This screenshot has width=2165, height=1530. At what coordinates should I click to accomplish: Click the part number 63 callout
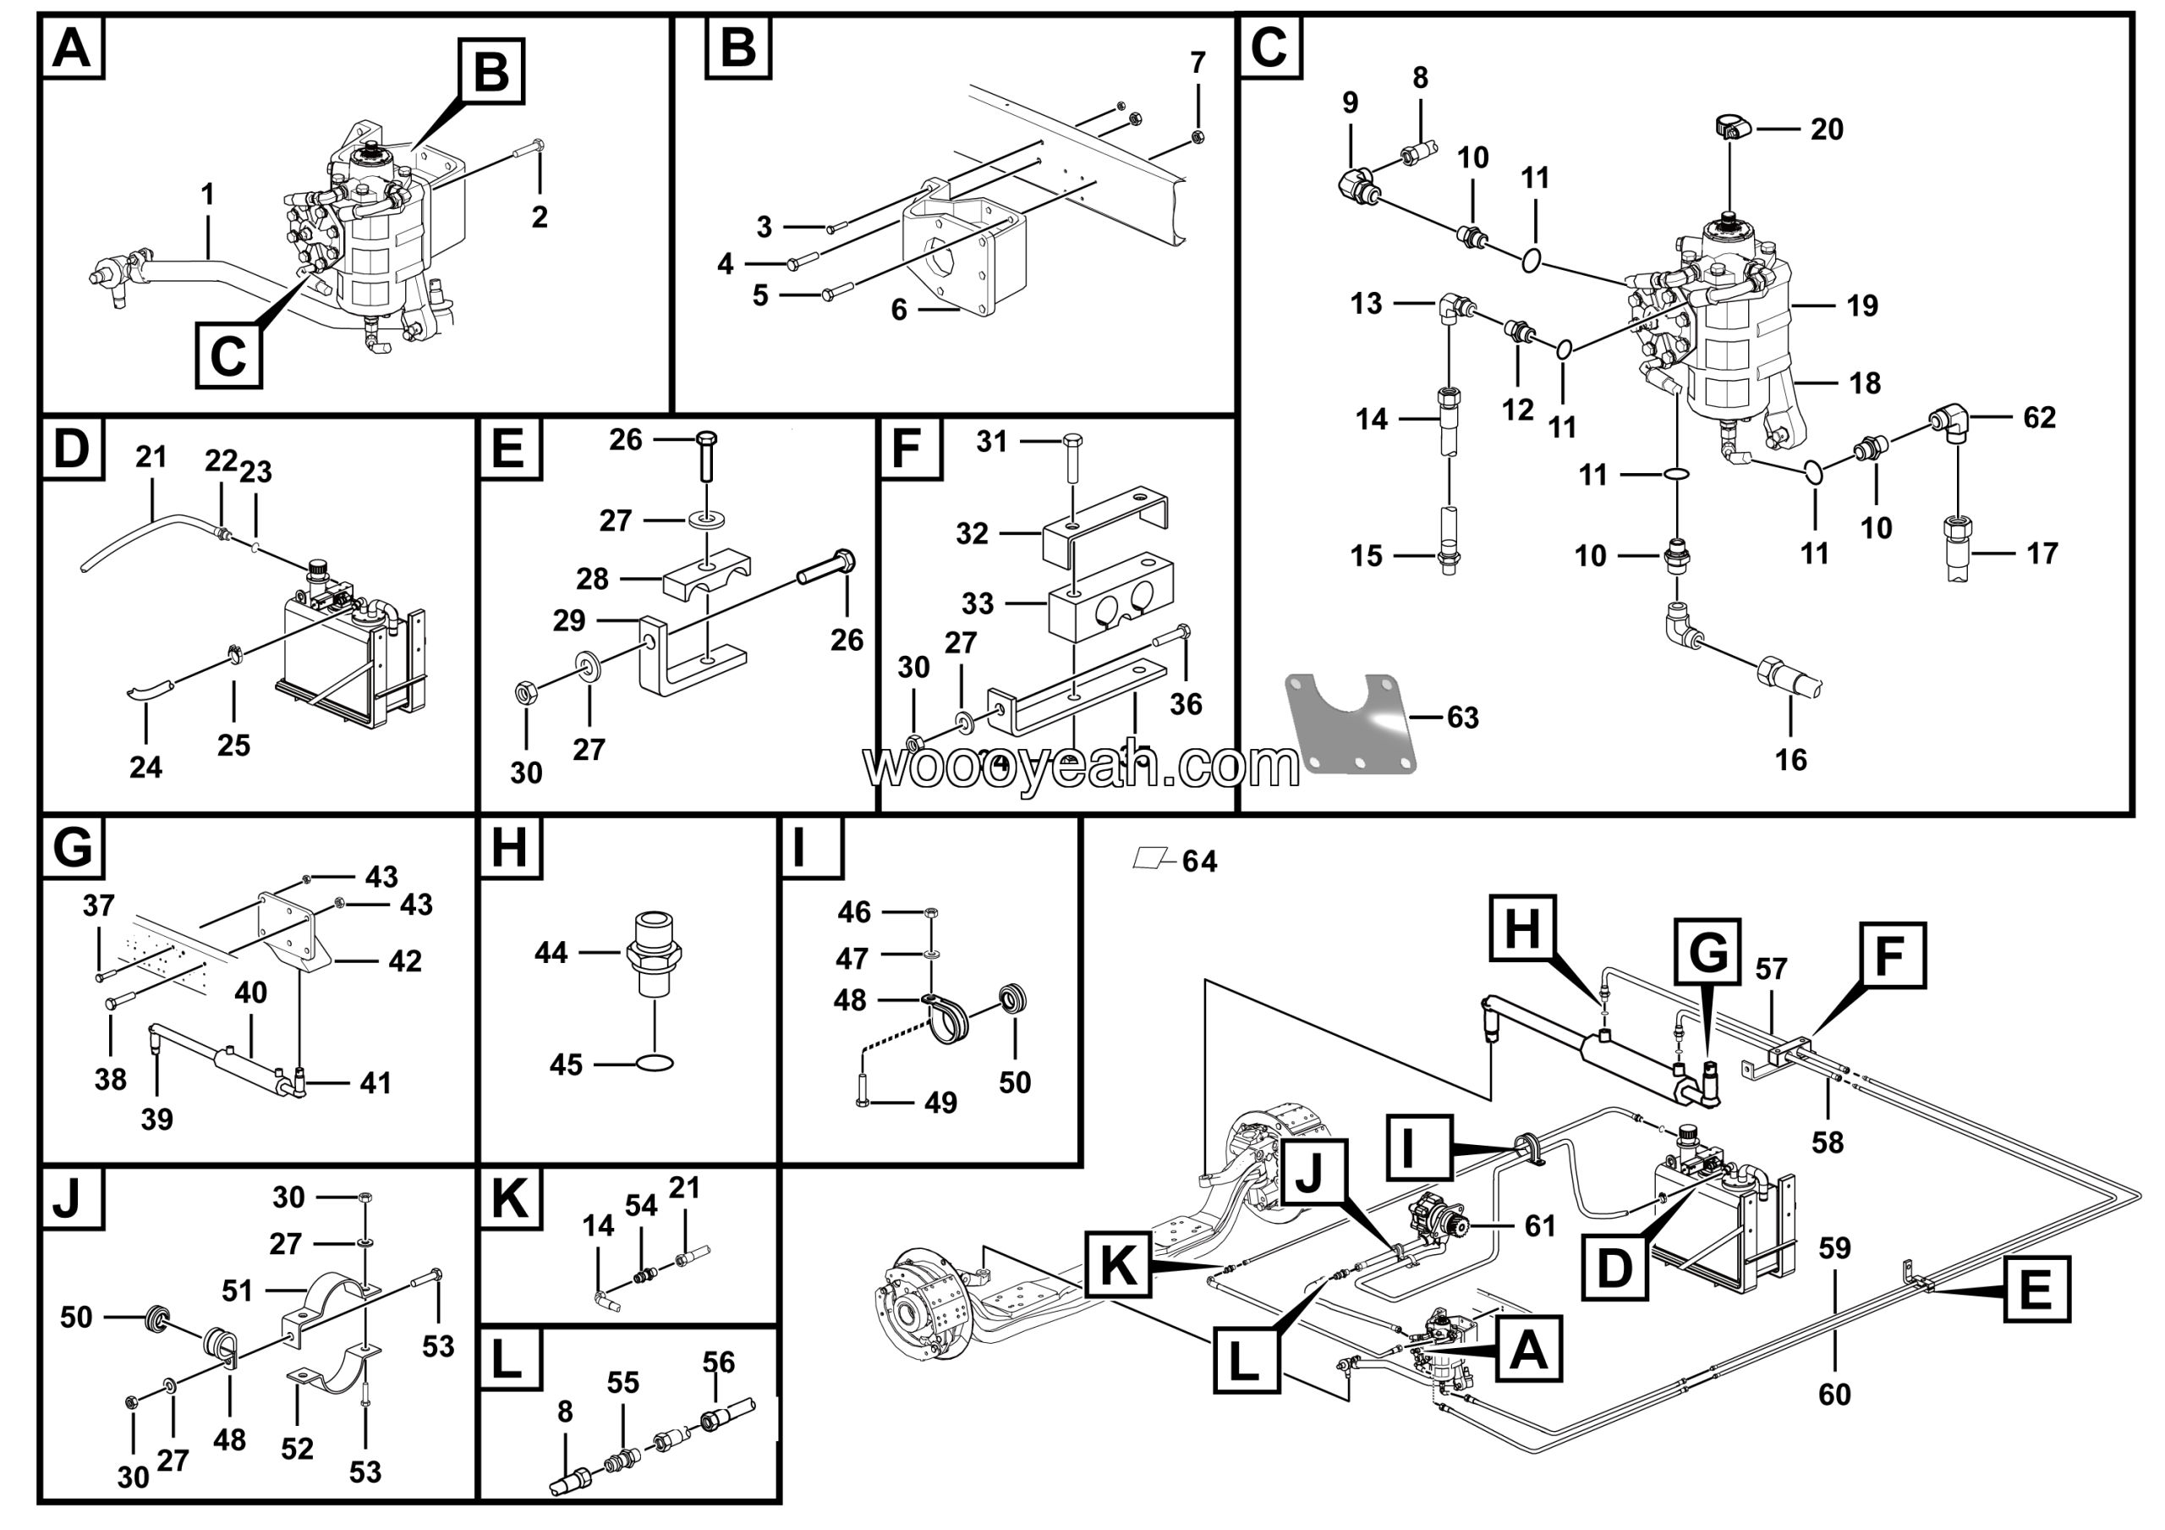click(x=1462, y=718)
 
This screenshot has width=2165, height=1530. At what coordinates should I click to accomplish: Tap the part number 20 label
click(x=1827, y=129)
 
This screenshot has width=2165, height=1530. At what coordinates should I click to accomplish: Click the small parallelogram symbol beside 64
click(x=1149, y=857)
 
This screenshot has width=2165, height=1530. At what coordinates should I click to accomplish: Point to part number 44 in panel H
click(x=551, y=953)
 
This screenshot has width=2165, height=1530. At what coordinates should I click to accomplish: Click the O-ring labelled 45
click(x=655, y=1063)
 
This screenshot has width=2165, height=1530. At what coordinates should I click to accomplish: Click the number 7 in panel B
click(x=1198, y=63)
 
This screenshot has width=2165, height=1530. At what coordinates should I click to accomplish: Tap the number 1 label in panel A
click(x=207, y=195)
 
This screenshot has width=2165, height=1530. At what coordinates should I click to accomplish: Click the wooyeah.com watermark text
click(x=1082, y=766)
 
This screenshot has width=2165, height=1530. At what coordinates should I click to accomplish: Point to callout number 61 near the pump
click(x=1540, y=1225)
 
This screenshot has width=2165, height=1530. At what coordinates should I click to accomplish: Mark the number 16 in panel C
click(x=1790, y=759)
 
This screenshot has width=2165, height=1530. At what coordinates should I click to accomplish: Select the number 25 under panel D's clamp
click(x=234, y=746)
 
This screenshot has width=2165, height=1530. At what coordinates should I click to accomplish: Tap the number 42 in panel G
click(x=405, y=961)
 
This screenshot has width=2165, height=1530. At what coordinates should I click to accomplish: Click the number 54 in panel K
click(x=641, y=1206)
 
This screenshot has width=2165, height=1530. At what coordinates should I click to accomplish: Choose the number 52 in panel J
click(x=297, y=1448)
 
